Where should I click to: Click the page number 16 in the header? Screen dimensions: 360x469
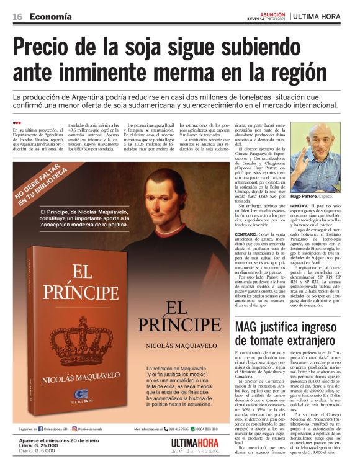[x=17, y=16]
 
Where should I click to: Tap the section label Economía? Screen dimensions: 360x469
[x=50, y=16]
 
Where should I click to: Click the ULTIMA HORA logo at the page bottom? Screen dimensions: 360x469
[x=200, y=447]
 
